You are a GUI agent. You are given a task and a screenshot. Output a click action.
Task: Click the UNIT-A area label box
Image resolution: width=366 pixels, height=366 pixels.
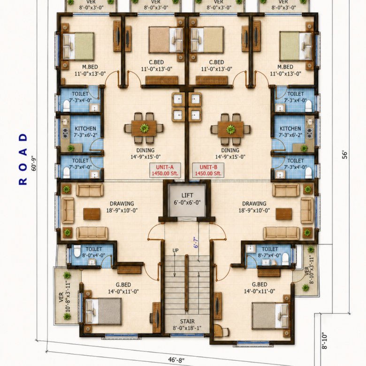(x=165, y=170)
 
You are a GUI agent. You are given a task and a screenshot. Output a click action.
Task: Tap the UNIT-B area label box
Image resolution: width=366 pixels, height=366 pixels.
(x=208, y=170)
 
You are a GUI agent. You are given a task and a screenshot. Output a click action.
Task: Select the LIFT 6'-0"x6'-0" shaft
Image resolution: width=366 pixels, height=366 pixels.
(x=187, y=200)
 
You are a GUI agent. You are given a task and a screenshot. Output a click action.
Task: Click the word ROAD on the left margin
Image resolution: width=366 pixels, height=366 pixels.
(x=23, y=159)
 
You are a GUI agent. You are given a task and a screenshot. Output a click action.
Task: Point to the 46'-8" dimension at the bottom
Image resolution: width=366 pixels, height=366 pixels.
(x=176, y=360)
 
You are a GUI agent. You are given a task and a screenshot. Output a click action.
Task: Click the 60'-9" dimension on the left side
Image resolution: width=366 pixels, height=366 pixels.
(x=34, y=163)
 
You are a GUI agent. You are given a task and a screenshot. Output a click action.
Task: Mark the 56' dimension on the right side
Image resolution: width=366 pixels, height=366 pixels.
(x=345, y=155)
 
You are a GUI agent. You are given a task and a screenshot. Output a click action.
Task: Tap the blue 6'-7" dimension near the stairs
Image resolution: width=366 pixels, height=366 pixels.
(x=196, y=243)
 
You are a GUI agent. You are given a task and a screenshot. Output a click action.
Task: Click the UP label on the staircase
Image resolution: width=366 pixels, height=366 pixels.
(x=175, y=251)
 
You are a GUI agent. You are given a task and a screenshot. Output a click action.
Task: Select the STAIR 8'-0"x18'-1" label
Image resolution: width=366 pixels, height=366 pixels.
(x=187, y=325)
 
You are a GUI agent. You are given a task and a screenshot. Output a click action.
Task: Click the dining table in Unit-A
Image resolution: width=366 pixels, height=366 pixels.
(x=144, y=128)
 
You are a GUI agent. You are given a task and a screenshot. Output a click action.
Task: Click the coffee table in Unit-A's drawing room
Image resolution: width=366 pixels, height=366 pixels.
(x=91, y=214)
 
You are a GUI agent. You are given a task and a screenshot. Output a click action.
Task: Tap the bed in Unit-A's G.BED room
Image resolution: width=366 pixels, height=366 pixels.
(x=103, y=312)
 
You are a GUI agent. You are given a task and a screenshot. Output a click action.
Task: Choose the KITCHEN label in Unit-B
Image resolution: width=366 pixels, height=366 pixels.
(x=290, y=129)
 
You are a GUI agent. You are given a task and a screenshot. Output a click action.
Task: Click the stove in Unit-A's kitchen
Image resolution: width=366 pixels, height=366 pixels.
(x=65, y=133)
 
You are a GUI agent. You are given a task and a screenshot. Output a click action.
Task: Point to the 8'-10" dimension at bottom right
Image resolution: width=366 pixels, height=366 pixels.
(x=324, y=341)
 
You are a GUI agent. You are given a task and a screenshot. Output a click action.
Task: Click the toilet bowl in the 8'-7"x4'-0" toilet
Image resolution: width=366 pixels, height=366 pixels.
(x=285, y=259)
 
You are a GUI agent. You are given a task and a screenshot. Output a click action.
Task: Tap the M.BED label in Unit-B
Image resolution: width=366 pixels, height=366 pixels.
(x=285, y=67)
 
